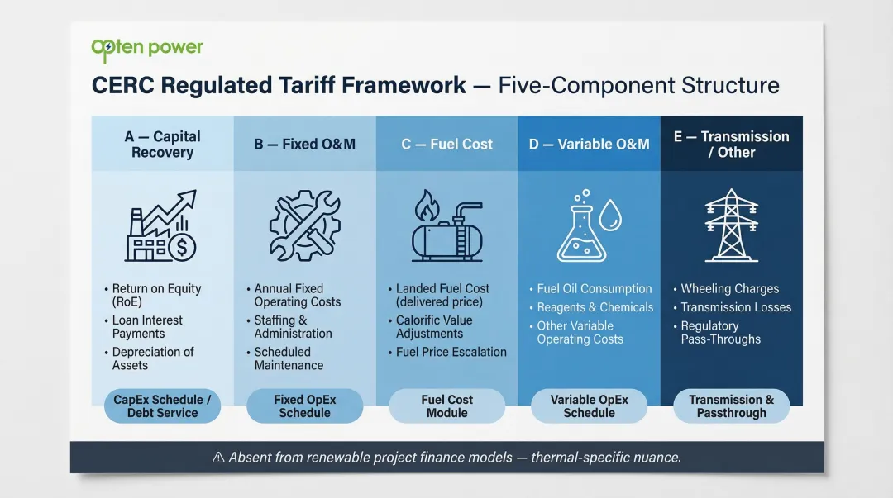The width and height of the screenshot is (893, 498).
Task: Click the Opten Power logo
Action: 146,49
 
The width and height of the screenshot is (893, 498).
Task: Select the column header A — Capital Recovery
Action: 162,145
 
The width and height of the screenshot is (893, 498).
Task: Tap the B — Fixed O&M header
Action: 304,145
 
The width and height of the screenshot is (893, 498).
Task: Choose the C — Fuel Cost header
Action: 446,145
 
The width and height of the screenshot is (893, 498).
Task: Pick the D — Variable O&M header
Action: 589,145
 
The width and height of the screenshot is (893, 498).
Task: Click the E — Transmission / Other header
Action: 731,145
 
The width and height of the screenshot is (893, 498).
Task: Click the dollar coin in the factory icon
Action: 181,246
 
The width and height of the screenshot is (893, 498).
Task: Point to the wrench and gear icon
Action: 304,225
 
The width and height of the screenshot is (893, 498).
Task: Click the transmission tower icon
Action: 731,225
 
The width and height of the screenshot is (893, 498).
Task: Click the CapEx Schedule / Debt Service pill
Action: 162,406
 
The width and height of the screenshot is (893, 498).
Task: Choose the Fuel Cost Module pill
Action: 446,406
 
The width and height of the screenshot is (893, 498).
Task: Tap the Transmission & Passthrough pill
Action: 731,406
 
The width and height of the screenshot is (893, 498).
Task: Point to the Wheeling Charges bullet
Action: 729,289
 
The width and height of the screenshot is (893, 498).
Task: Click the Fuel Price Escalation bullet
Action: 451,352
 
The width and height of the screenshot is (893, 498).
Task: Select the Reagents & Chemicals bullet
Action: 595,307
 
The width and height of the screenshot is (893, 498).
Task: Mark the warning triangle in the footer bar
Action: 218,458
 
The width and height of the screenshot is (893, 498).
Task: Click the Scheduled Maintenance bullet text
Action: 289,358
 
